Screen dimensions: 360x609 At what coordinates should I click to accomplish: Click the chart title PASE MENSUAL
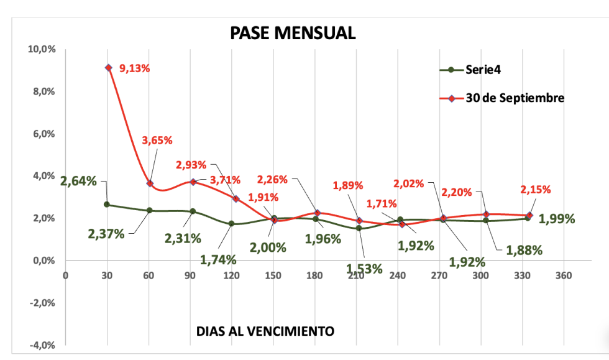click(x=293, y=33)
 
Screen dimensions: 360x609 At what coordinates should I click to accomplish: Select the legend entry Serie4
click(x=483, y=69)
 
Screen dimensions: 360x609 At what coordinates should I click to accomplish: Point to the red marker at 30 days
click(x=108, y=67)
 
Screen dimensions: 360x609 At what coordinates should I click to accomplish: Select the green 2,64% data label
click(x=78, y=182)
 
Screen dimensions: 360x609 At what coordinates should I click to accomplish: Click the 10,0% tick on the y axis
click(x=42, y=49)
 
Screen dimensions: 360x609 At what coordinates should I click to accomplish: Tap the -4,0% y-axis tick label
click(x=42, y=345)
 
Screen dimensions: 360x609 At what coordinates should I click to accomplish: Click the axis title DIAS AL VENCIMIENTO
click(x=265, y=331)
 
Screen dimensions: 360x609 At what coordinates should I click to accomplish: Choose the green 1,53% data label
click(x=364, y=269)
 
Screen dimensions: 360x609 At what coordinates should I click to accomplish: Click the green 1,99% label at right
click(x=557, y=219)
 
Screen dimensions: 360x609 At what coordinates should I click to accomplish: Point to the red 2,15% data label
click(x=535, y=190)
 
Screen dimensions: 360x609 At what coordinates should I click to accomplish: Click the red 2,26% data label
click(x=272, y=180)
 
